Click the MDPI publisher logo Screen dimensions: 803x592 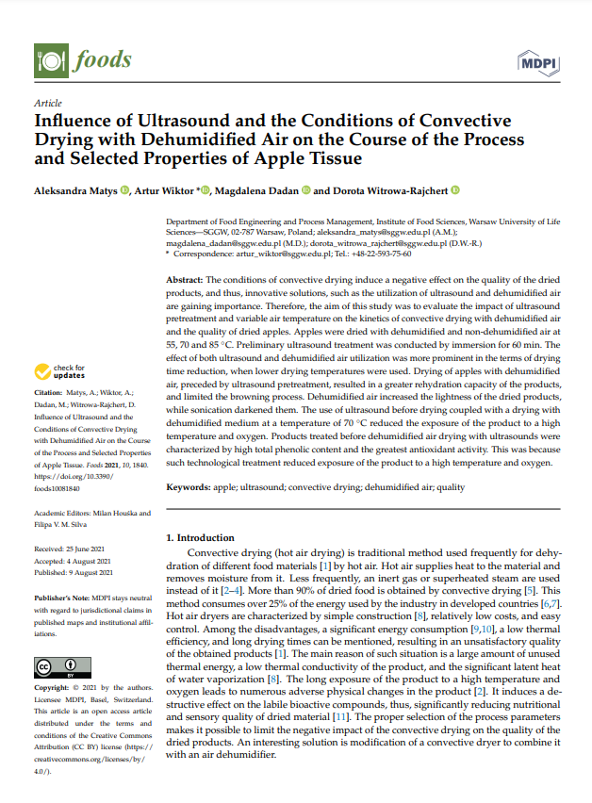(537, 63)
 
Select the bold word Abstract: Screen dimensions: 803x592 (184, 281)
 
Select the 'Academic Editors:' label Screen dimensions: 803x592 (64, 515)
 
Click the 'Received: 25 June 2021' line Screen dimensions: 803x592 (73, 548)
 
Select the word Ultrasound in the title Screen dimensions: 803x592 (174, 122)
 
